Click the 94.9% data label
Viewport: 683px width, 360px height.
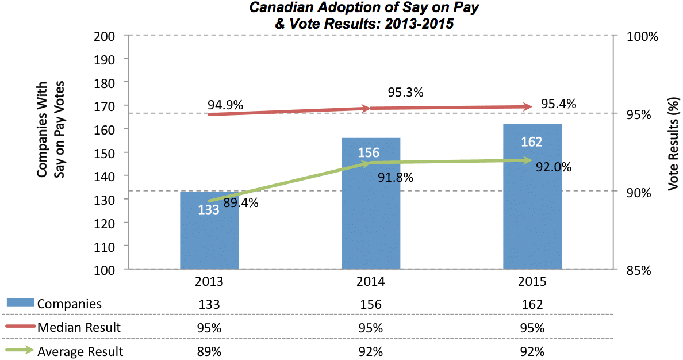(225, 105)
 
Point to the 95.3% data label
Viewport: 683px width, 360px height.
(405, 92)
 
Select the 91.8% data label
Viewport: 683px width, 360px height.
(396, 178)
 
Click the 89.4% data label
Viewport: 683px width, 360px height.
(240, 202)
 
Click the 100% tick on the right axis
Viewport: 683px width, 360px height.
(642, 36)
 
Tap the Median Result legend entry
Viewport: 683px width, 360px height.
(79, 328)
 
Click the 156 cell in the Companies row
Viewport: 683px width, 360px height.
(371, 304)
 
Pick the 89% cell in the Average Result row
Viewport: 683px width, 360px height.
(209, 351)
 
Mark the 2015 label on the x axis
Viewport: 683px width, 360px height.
(532, 282)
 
